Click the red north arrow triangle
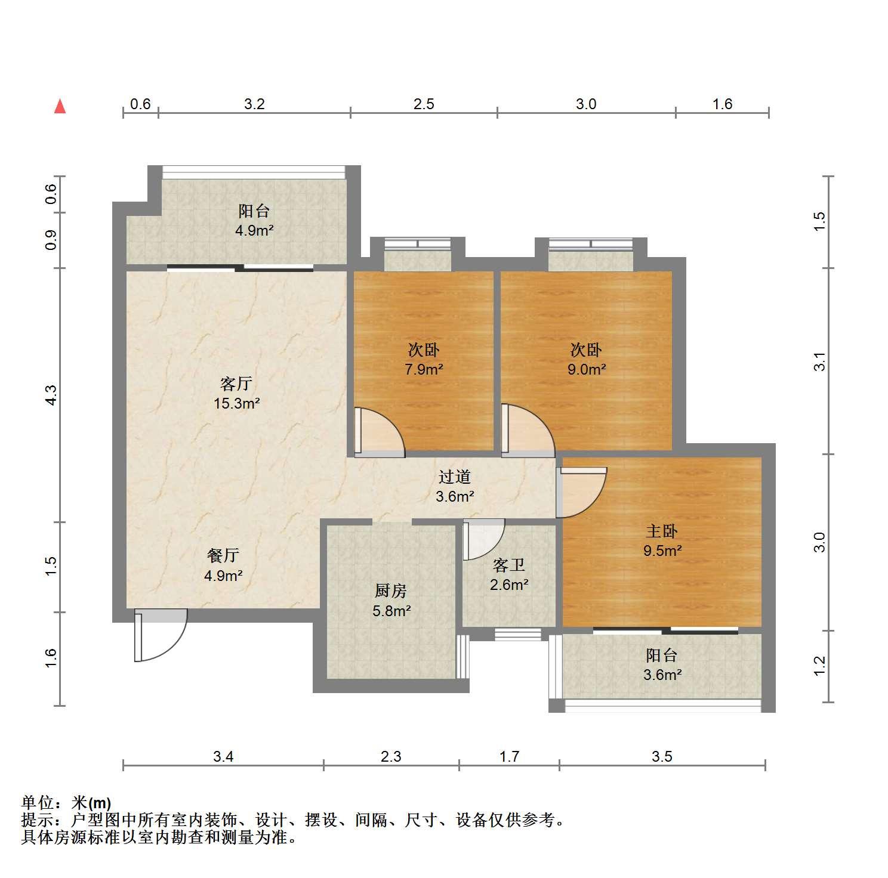(60, 106)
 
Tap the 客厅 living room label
(236, 384)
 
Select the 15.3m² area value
(237, 404)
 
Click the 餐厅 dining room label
(223, 556)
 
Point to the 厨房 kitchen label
(391, 591)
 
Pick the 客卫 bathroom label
(509, 565)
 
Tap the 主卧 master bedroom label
(662, 531)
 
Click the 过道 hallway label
(455, 477)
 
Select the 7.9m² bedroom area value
(424, 370)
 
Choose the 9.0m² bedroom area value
(587, 370)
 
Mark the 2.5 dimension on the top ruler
(424, 104)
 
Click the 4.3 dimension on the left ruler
(51, 395)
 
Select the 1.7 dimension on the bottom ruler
(509, 757)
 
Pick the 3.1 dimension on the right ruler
(821, 361)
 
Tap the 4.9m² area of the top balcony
(254, 231)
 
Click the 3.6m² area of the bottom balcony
(662, 675)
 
